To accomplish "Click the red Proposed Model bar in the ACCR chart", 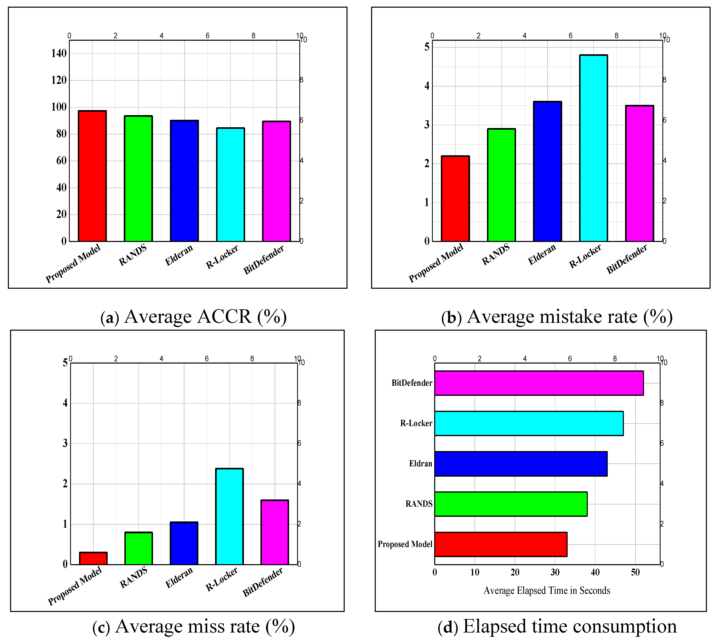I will (x=92, y=176).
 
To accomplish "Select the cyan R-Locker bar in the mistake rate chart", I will (x=593, y=148).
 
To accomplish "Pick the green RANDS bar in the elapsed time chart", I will (x=511, y=504).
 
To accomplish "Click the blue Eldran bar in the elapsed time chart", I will (x=520, y=464).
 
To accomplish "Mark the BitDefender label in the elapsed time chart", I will (x=412, y=383).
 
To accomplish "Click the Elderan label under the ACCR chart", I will (x=179, y=255).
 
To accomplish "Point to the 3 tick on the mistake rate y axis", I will (x=427, y=125).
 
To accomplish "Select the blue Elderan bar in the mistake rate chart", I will (x=547, y=172).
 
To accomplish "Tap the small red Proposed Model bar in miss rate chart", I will (x=93, y=558).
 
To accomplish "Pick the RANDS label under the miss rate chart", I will (x=133, y=578).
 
